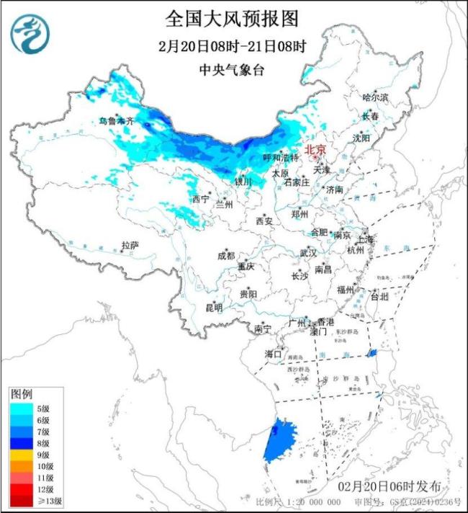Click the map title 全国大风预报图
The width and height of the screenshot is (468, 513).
pyautogui.click(x=232, y=18)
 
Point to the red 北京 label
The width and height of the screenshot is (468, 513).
pyautogui.click(x=315, y=150)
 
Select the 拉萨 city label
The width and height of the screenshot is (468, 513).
pyautogui.click(x=130, y=245)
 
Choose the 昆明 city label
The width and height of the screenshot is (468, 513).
pyautogui.click(x=214, y=308)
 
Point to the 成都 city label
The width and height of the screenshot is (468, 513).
pyautogui.click(x=225, y=256)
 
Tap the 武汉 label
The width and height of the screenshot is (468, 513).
pyautogui.click(x=308, y=254)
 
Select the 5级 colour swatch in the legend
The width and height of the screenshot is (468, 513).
pyautogui.click(x=23, y=408)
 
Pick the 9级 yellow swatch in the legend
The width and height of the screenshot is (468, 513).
pyautogui.click(x=23, y=455)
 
